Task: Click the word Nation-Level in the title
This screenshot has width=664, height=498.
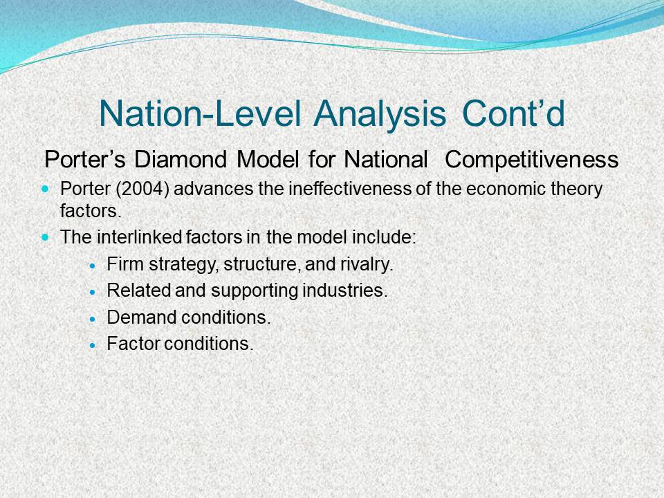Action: click(x=200, y=113)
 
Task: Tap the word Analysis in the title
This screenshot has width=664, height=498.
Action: click(x=380, y=114)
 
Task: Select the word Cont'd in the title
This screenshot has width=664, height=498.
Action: click(x=513, y=113)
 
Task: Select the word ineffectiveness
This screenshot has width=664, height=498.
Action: click(x=350, y=188)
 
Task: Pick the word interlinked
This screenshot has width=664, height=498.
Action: click(x=139, y=237)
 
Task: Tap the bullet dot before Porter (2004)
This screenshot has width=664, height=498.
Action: click(x=46, y=188)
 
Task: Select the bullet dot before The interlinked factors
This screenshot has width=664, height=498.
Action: click(x=46, y=237)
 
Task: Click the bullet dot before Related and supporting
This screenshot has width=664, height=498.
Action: click(x=93, y=292)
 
